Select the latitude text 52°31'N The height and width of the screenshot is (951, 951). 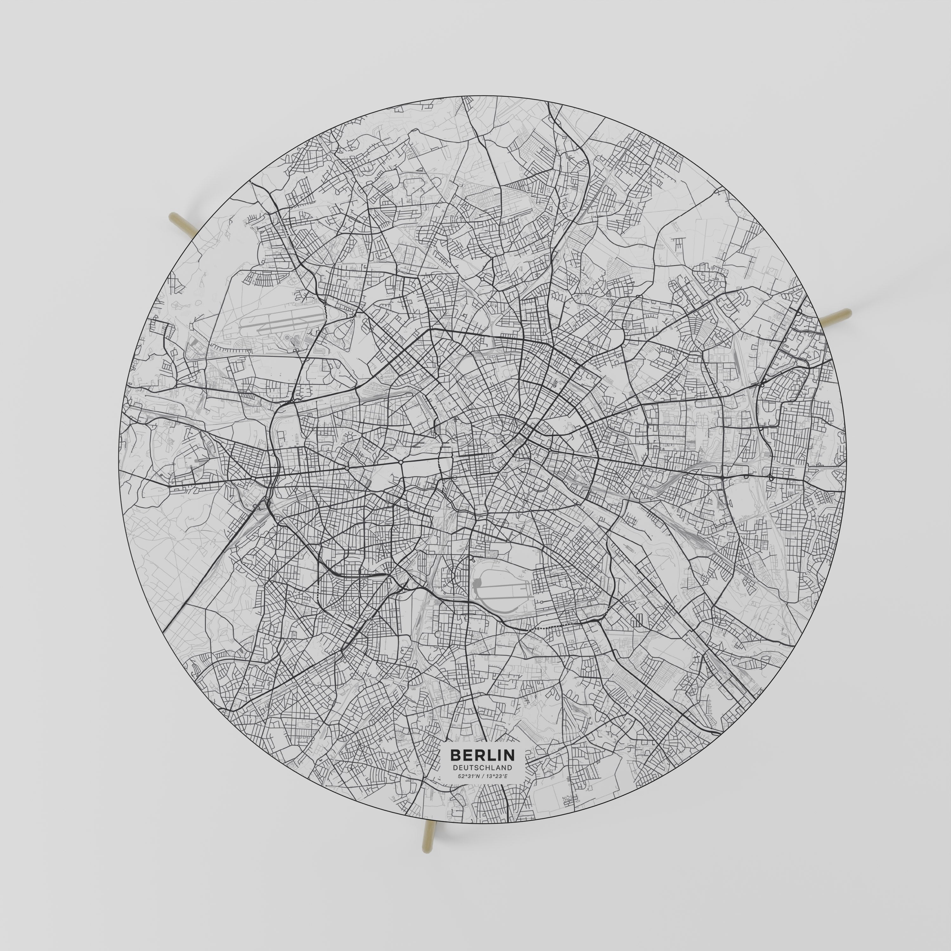pos(468,790)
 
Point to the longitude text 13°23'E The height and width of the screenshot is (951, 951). pos(496,790)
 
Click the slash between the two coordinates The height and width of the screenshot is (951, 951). pos(482,790)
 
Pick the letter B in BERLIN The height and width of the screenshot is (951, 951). pos(455,768)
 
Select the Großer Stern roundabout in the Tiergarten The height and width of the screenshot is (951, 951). pos(401,463)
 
